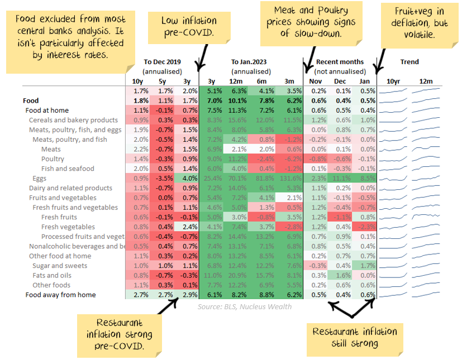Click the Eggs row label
click(39, 179)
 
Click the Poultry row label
click(53, 159)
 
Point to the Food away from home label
click(60, 295)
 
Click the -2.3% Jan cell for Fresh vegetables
click(368, 227)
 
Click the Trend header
click(409, 62)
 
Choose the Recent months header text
click(340, 62)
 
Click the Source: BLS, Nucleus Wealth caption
click(245, 306)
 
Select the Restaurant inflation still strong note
click(355, 337)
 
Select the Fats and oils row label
click(51, 275)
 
